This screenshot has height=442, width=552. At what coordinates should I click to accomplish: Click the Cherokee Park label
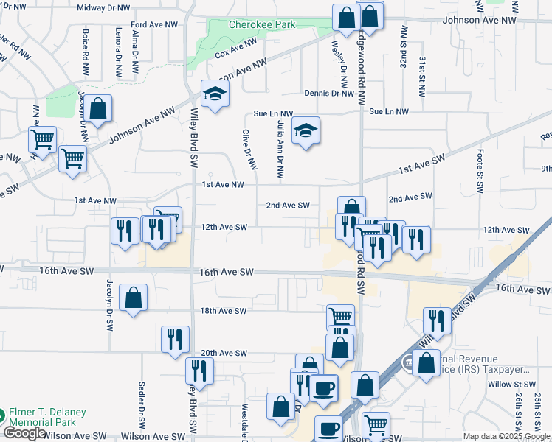tap(262, 24)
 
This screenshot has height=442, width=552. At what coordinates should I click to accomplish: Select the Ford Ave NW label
tap(154, 24)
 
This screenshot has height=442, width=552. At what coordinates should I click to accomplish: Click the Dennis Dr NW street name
tap(330, 94)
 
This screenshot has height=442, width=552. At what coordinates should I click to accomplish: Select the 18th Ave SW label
tap(224, 311)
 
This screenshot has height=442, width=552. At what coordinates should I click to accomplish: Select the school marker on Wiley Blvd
tap(215, 94)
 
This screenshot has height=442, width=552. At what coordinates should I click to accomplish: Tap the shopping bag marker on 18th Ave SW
tap(133, 298)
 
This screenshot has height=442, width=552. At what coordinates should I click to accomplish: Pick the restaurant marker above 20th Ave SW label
tap(175, 339)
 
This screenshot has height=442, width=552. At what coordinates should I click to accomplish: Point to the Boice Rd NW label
tap(86, 46)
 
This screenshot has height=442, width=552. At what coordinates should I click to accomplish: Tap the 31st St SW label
tap(421, 76)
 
